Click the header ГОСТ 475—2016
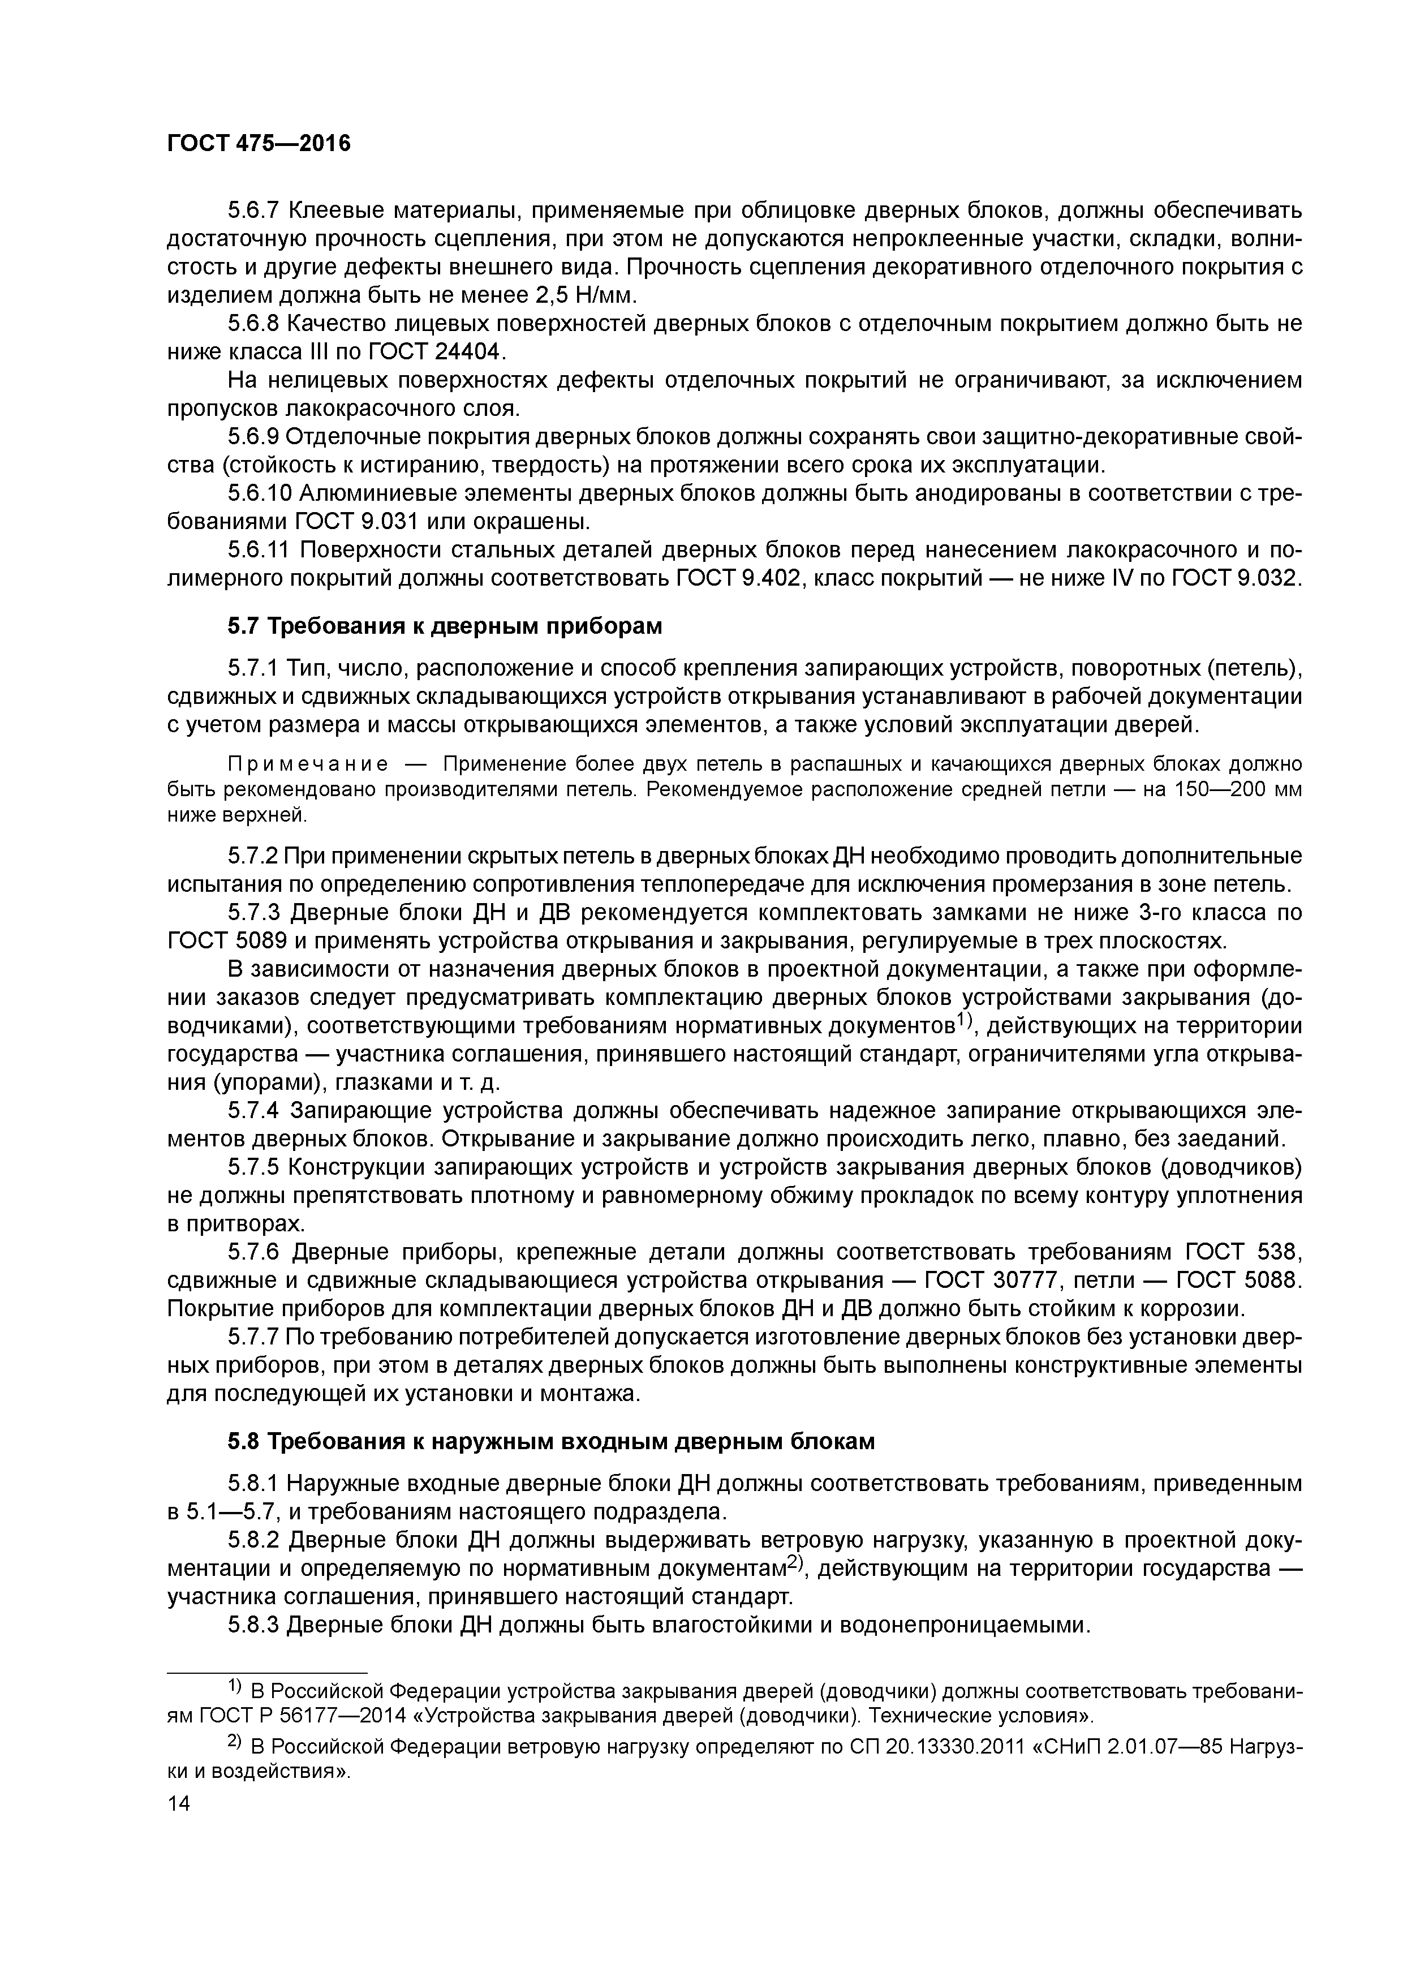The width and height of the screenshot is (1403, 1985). click(259, 144)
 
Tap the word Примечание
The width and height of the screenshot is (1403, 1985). click(307, 765)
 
